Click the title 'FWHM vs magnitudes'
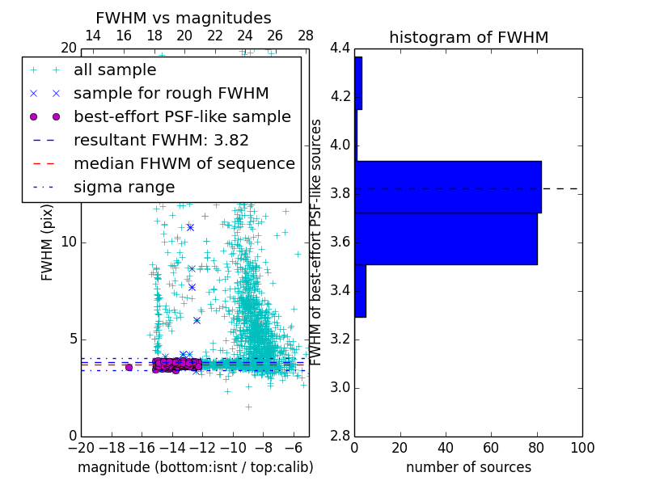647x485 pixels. click(184, 18)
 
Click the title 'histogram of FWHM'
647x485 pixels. click(468, 37)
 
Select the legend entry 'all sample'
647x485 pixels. click(115, 70)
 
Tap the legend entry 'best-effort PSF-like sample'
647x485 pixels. click(182, 117)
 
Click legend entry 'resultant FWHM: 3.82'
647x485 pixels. click(161, 141)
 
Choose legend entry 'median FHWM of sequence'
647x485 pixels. click(184, 164)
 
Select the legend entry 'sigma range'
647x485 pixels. click(124, 188)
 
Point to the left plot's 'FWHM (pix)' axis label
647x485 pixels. click(48, 242)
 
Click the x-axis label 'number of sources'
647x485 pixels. click(468, 467)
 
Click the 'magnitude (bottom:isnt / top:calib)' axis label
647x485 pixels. click(195, 467)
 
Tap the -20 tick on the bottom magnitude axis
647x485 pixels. click(81, 447)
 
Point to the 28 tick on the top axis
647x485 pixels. click(306, 36)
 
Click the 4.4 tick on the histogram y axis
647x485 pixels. click(340, 48)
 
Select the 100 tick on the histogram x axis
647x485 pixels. click(582, 447)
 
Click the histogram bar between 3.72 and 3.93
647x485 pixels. click(448, 187)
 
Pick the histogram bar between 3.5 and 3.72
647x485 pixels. click(446, 238)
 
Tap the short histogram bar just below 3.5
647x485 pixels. click(360, 290)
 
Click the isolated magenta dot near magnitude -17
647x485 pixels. click(129, 367)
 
